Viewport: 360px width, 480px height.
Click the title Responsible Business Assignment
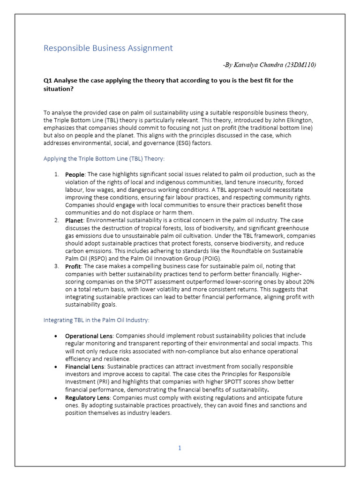point(108,48)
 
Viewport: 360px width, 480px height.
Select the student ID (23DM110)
point(300,65)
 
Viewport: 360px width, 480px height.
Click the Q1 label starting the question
point(48,80)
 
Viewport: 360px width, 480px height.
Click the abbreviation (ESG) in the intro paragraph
point(179,143)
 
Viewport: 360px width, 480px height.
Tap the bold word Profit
point(73,266)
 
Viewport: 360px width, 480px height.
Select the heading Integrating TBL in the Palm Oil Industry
point(96,320)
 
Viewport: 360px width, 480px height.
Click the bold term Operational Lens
point(89,336)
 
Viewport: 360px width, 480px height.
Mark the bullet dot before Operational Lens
point(56,336)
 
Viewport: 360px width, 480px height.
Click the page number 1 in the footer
point(180,448)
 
